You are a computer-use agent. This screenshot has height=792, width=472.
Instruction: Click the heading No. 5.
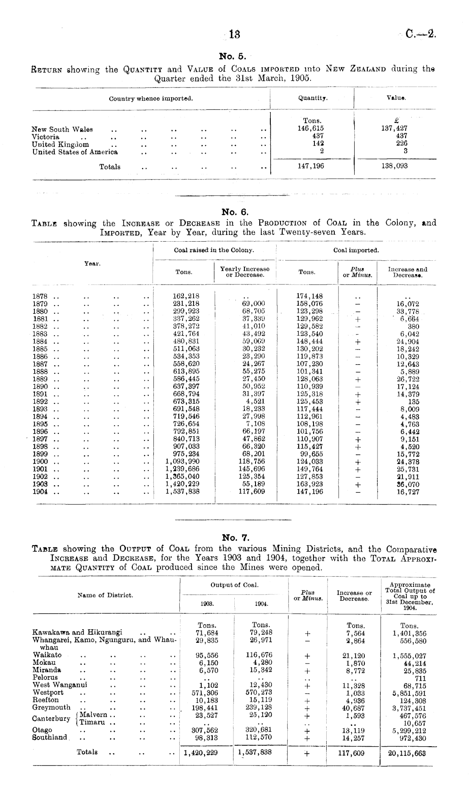pyautogui.click(x=231, y=56)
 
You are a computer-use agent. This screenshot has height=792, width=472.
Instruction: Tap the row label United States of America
pyautogui.click(x=75, y=152)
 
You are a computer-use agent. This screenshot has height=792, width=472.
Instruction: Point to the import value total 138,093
pyautogui.click(x=395, y=166)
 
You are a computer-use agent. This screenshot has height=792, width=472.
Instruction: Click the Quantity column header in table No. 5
pyautogui.click(x=312, y=98)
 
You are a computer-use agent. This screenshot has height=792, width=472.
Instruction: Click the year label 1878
pyautogui.click(x=40, y=296)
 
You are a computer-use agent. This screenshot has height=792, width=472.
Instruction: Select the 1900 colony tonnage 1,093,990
pyautogui.click(x=183, y=462)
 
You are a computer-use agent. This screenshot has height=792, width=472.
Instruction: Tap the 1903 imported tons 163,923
pyautogui.click(x=309, y=484)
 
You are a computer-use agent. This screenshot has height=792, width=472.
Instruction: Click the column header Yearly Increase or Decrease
pyautogui.click(x=245, y=272)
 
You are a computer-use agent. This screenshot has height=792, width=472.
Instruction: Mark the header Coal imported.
pyautogui.click(x=356, y=250)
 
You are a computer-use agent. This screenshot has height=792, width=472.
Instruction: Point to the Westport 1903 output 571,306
pyautogui.click(x=205, y=692)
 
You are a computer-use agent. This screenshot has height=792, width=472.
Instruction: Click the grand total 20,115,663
pyautogui.click(x=407, y=753)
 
